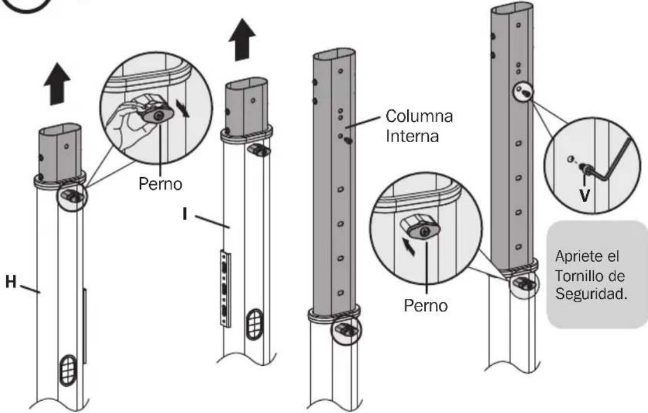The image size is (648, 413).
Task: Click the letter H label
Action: click(10, 282)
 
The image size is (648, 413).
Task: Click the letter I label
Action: click(185, 213)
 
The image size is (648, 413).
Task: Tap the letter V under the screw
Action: click(584, 195)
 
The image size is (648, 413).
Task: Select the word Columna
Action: click(419, 116)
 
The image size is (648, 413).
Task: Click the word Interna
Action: click(412, 136)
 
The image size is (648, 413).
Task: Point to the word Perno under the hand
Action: click(160, 184)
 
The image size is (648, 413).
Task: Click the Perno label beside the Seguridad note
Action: click(425, 306)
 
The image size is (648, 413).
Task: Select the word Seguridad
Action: click(591, 294)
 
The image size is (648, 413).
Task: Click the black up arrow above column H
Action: click(57, 84)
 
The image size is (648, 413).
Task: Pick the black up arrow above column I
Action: click(242, 40)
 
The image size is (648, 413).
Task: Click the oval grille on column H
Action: click(68, 370)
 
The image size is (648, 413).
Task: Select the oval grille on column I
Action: click(255, 324)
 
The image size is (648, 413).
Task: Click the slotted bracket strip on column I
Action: click(226, 288)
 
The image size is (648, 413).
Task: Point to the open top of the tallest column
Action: click(512, 8)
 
